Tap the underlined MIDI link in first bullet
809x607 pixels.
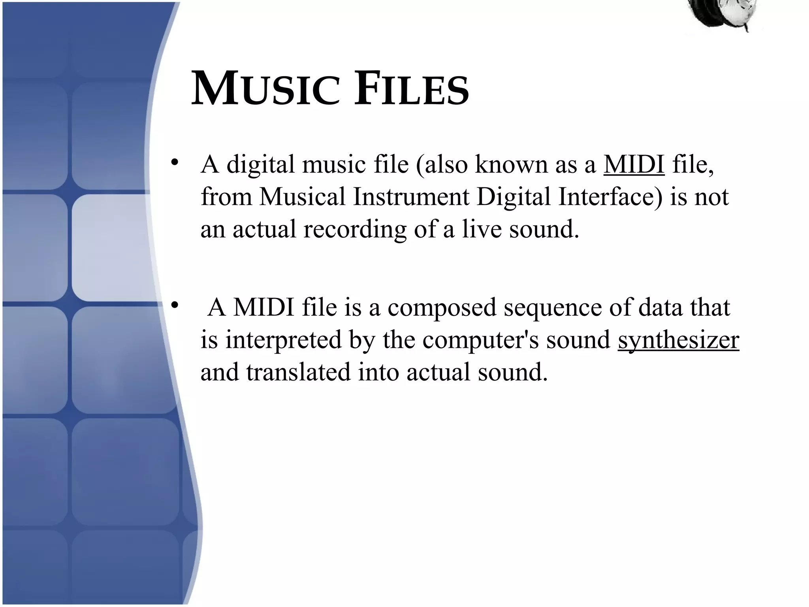(x=634, y=164)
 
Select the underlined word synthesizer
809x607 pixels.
(x=678, y=340)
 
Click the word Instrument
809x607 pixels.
(x=411, y=196)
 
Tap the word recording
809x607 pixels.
(x=355, y=229)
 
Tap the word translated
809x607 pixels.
(x=299, y=372)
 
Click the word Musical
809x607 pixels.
(x=302, y=196)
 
